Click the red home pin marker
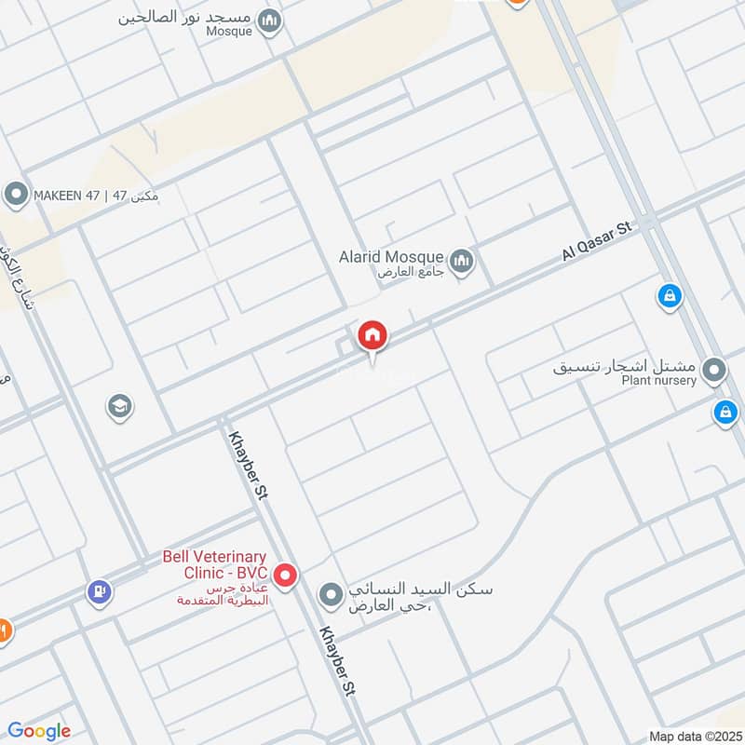click(x=372, y=336)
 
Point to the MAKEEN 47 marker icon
click(x=15, y=195)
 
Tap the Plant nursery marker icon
click(x=714, y=372)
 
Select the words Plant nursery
click(x=658, y=380)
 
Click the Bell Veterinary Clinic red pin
click(x=286, y=576)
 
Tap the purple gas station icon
click(x=99, y=590)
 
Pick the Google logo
click(x=39, y=731)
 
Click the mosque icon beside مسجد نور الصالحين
click(x=270, y=20)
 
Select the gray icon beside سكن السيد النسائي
click(x=331, y=593)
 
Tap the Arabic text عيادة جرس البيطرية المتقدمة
click(x=223, y=594)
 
